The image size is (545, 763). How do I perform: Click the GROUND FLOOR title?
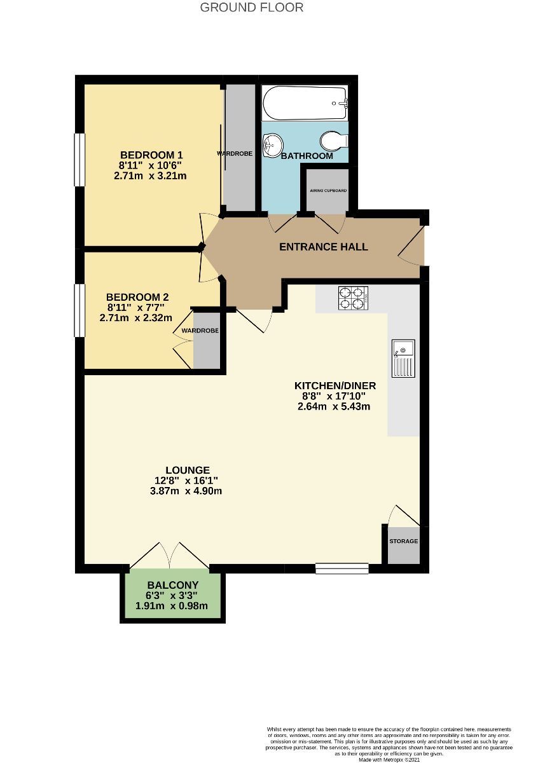(x=252, y=8)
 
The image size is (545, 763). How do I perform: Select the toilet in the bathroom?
(x=333, y=139)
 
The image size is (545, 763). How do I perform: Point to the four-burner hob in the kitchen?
(x=353, y=298)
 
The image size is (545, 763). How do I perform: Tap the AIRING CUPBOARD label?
(x=328, y=190)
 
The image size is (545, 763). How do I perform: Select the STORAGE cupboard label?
(x=404, y=541)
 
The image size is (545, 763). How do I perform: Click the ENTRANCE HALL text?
(x=324, y=247)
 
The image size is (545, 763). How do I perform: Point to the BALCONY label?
(x=173, y=585)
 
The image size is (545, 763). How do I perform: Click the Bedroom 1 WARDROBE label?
(x=235, y=154)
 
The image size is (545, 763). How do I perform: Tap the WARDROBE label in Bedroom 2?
(x=200, y=331)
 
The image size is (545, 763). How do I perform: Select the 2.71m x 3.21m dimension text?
(x=150, y=175)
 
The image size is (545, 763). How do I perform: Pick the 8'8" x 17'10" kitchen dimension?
(x=335, y=396)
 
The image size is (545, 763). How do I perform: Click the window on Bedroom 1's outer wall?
(x=79, y=160)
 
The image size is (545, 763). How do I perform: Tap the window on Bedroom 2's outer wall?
(x=79, y=310)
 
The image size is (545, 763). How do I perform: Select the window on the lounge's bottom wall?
(x=342, y=568)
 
